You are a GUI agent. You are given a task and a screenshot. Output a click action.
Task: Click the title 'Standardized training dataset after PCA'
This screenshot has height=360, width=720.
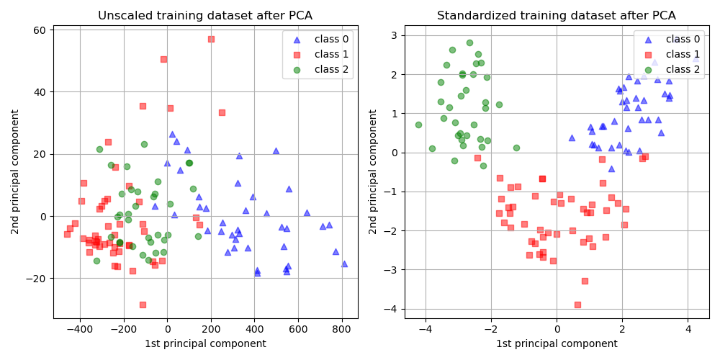click(557, 15)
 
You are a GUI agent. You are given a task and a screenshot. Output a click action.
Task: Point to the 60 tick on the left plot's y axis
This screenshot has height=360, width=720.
click(38, 30)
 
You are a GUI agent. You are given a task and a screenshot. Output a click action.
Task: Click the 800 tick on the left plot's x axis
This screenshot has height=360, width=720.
click(342, 329)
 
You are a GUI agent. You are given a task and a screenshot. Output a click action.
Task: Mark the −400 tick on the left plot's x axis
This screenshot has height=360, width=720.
click(79, 329)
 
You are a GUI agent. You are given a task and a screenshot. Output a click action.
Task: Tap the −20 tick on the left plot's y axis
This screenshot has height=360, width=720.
click(35, 279)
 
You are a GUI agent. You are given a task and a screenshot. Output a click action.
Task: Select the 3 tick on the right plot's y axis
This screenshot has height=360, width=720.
click(398, 35)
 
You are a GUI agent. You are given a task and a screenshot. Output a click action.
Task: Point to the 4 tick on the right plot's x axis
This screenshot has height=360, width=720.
click(688, 329)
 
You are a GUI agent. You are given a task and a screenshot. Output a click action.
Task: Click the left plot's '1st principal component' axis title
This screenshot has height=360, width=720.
click(205, 343)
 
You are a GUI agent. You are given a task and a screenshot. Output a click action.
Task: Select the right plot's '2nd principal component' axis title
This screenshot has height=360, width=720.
click(373, 171)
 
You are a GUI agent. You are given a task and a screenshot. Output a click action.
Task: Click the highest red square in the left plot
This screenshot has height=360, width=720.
click(211, 39)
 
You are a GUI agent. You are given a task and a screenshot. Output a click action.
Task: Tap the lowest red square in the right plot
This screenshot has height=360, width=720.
click(577, 305)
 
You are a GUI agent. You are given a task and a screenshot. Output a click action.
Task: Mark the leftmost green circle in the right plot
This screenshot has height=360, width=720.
click(418, 125)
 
